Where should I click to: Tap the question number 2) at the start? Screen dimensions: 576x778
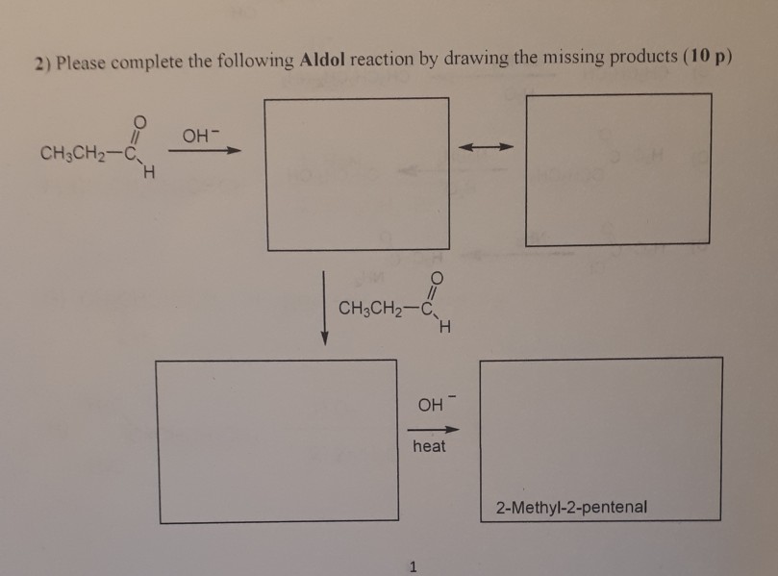pyautogui.click(x=40, y=63)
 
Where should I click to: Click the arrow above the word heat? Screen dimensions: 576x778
pyautogui.click(x=429, y=429)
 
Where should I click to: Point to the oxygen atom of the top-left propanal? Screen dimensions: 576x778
pyautogui.click(x=141, y=121)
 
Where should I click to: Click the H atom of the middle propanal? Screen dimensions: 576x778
pyautogui.click(x=444, y=333)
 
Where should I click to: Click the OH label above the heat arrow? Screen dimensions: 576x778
pyautogui.click(x=426, y=404)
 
